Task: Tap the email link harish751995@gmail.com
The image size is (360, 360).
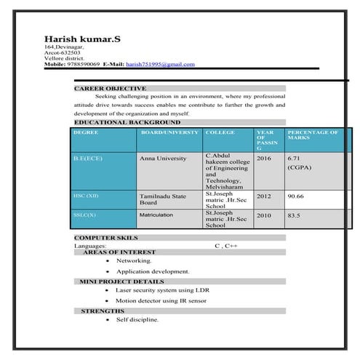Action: point(160,64)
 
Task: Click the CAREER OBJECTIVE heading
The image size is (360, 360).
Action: point(110,88)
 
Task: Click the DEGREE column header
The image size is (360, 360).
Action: point(86,133)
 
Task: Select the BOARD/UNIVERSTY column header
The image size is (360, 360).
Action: point(169,133)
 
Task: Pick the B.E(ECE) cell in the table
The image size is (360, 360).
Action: point(89,158)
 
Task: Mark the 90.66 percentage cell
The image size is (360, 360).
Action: point(295,196)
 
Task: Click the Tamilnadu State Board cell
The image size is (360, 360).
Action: point(163,199)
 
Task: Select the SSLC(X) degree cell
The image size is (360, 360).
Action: point(84,215)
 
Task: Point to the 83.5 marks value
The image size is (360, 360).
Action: point(294,215)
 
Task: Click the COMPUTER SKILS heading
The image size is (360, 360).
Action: point(105,237)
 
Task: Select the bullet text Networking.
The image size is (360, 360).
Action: point(134,260)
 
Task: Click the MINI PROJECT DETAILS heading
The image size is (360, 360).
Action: point(121,281)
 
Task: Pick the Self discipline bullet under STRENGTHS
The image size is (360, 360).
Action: point(137,319)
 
